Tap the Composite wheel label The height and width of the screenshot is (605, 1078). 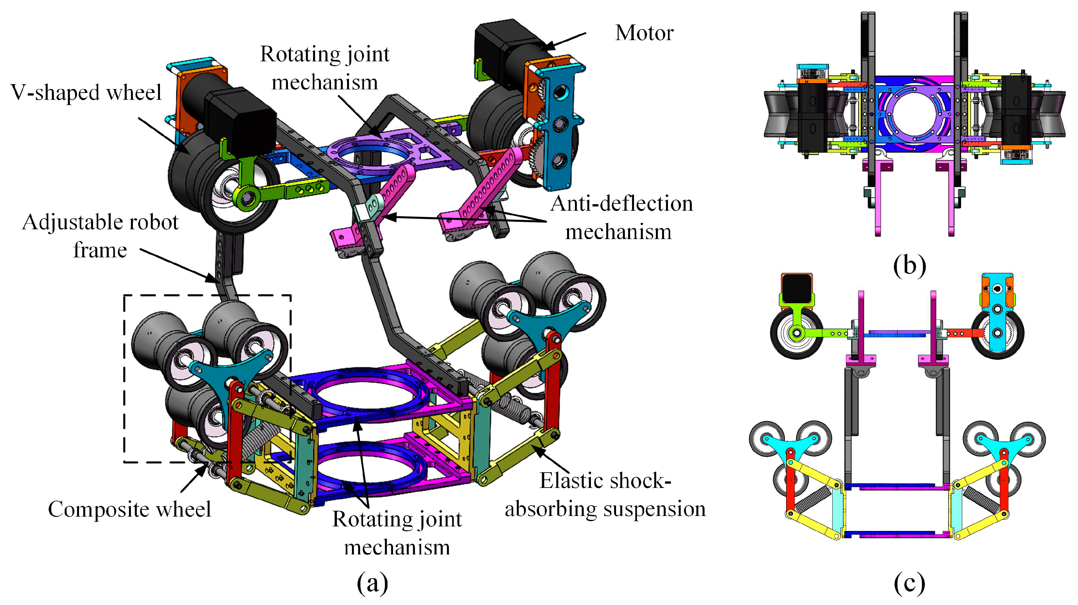point(129,509)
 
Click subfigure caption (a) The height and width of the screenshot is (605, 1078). point(372,582)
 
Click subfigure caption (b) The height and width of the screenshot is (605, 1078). point(909,265)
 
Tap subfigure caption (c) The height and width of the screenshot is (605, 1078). point(909,582)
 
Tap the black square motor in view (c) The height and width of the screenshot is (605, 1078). point(796,289)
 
